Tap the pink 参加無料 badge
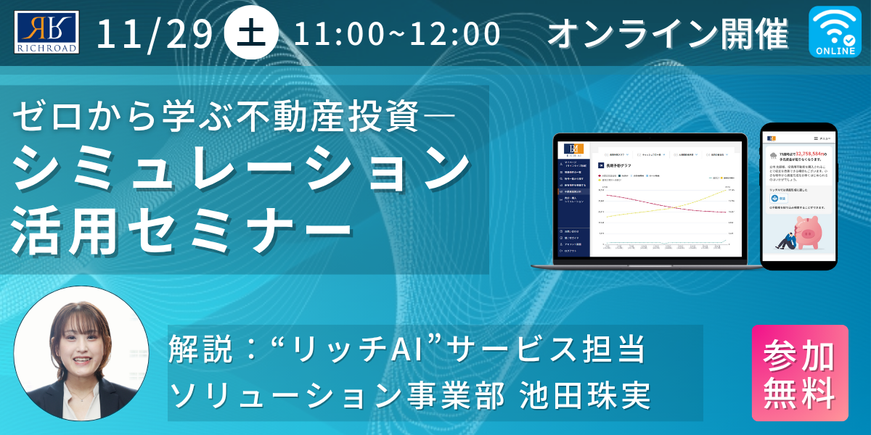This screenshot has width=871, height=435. pos(799,373)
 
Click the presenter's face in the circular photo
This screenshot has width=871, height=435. pos(81,341)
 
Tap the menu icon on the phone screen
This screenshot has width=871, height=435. pos(820,138)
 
